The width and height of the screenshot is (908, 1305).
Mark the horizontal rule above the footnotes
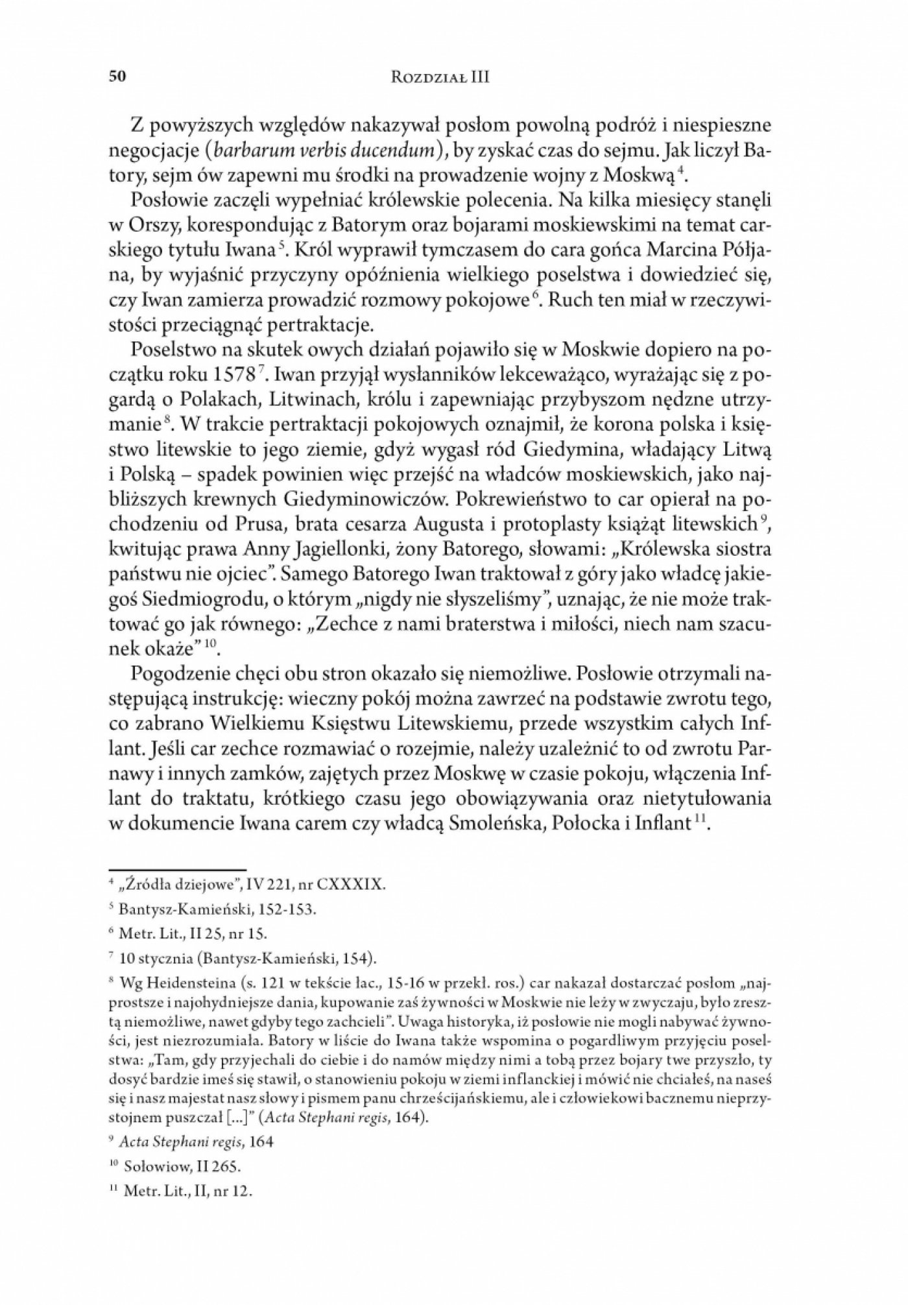(176, 869)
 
